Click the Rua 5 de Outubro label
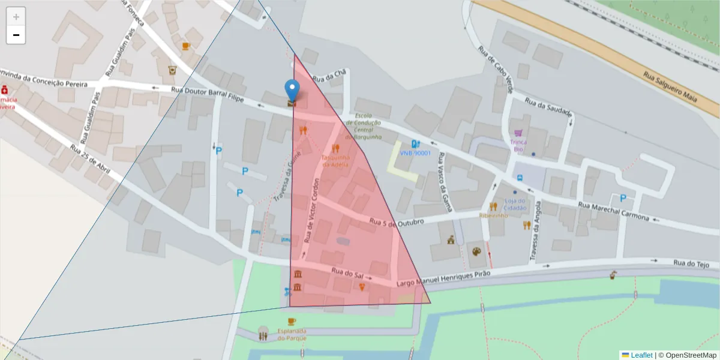397,222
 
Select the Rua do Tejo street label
691,263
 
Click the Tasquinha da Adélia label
335,161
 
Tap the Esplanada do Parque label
292,334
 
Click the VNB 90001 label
415,153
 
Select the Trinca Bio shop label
518,146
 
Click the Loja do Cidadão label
515,204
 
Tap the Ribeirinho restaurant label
493,215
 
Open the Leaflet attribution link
641,355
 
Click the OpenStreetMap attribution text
687,355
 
